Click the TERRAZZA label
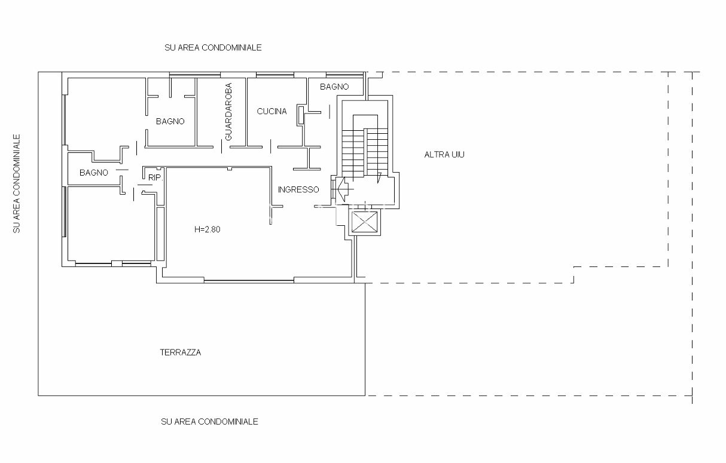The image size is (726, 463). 181,352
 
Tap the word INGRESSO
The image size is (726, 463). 298,189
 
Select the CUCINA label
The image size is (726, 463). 272,111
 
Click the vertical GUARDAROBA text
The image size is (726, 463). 228,112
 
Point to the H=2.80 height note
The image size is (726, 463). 208,229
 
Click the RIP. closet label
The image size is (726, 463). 155,177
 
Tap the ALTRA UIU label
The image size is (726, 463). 444,155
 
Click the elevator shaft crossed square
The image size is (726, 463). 365,222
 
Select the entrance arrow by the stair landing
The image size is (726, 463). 343,189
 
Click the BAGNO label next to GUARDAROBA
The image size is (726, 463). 170,121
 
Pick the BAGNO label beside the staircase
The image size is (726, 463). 334,87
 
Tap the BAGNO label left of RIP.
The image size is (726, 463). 94,173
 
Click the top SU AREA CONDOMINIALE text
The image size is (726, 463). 213,48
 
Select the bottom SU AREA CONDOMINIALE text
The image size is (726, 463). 209,422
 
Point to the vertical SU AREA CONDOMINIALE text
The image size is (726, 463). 17,183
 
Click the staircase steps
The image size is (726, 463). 365,152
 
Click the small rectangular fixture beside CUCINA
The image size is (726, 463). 301,115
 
